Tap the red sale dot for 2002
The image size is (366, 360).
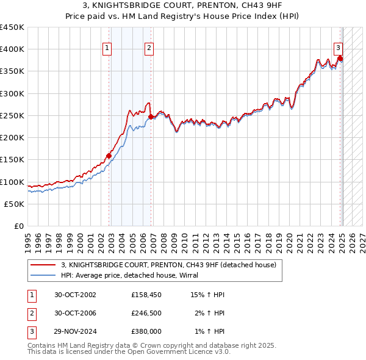(109, 156)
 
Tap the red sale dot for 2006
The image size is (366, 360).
(151, 117)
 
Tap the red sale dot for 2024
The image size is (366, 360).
(340, 58)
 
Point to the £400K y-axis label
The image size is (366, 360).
(12, 49)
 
